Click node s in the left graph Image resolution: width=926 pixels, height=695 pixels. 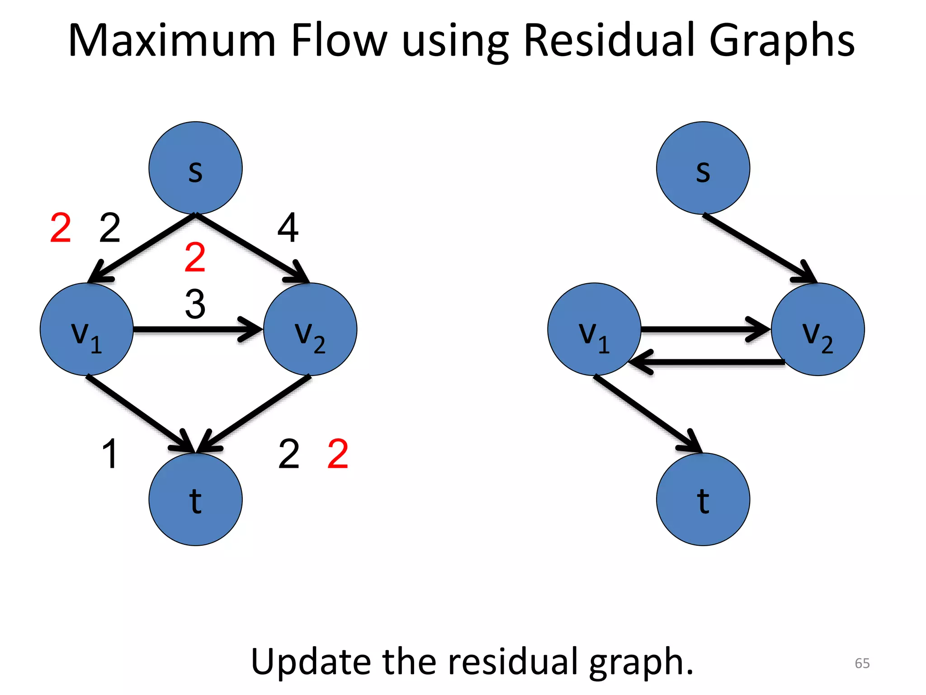click(195, 168)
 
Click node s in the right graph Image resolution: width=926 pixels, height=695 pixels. click(703, 168)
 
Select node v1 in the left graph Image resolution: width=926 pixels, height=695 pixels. click(86, 329)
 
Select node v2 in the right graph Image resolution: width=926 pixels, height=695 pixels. click(817, 329)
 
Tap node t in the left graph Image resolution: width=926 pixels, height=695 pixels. click(195, 499)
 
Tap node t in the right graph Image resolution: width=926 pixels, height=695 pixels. click(703, 499)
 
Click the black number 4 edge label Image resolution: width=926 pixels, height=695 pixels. click(288, 228)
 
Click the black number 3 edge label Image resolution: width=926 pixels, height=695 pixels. click(195, 304)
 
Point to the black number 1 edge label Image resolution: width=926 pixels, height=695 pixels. click(110, 453)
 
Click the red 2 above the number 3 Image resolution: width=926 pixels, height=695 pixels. click(195, 257)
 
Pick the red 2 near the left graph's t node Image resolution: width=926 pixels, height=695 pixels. click(338, 453)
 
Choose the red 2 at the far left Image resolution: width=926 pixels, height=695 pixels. click(61, 228)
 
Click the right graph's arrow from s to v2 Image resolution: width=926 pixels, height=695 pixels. click(760, 248)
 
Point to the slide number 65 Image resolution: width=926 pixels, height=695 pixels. click(862, 663)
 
